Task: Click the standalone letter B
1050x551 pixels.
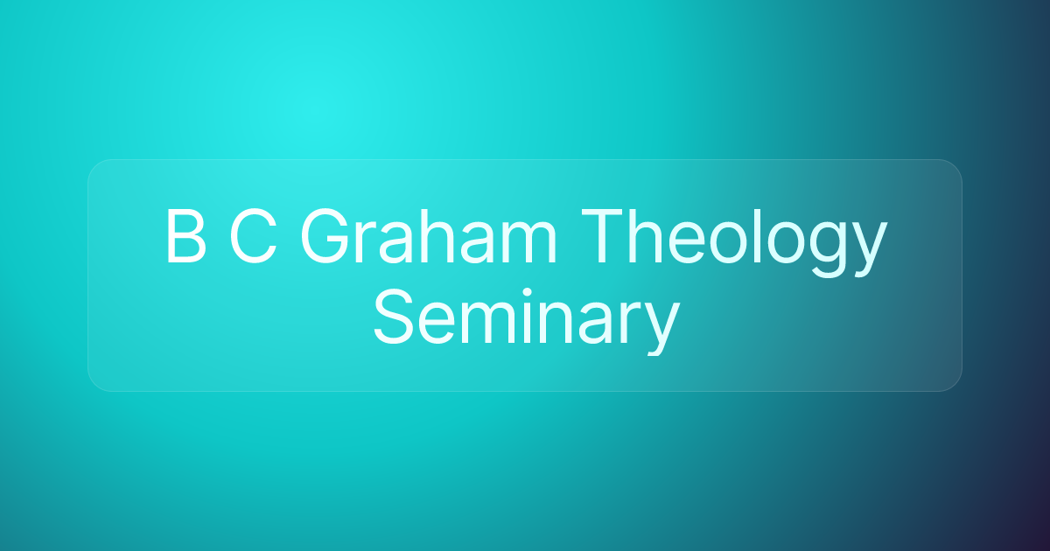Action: click(185, 238)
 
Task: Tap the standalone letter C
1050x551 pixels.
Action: click(254, 238)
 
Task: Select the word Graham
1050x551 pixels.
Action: click(429, 238)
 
